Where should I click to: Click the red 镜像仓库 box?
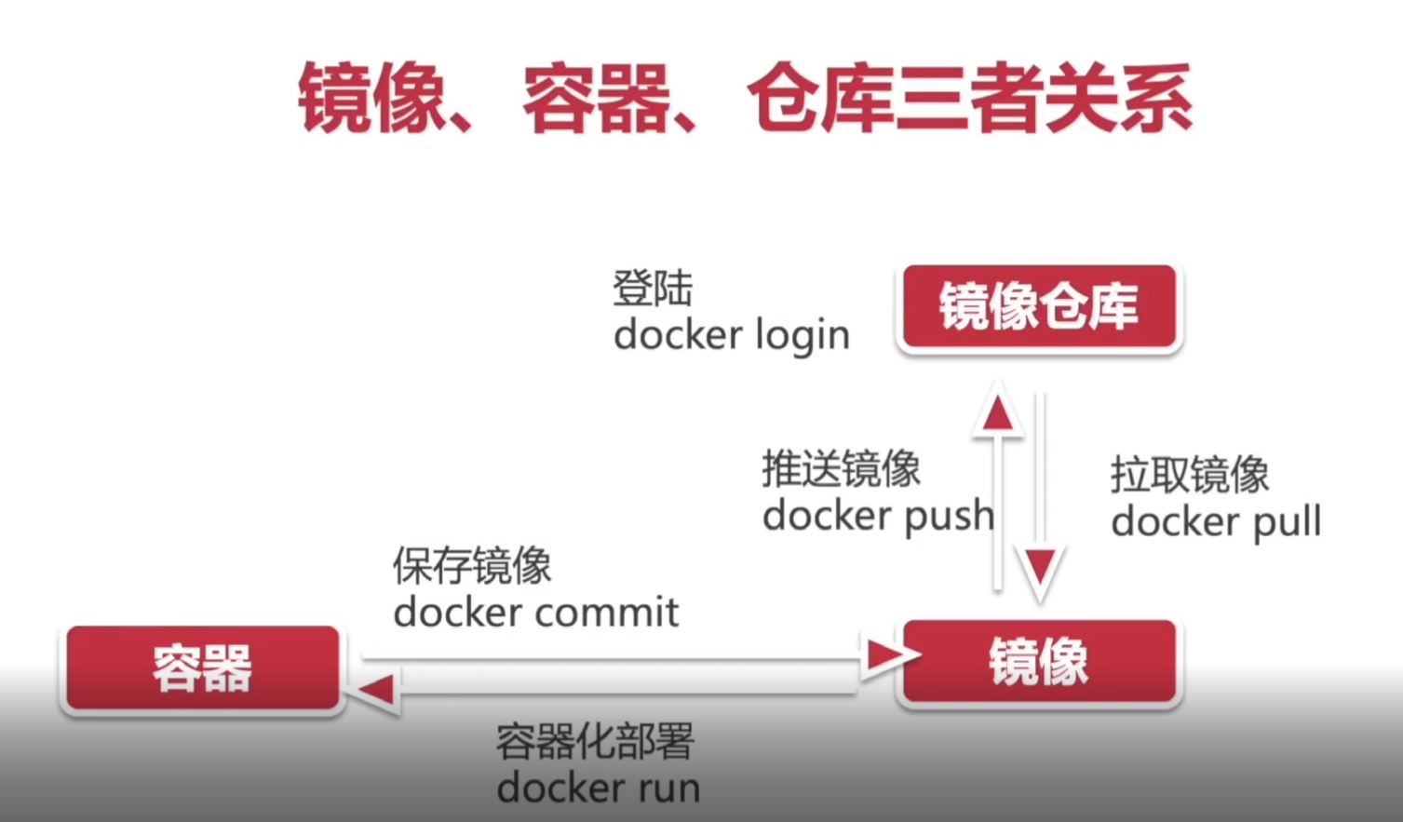pyautogui.click(x=1038, y=307)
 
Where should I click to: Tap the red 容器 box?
pyautogui.click(x=202, y=668)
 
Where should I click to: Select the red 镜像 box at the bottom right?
pyautogui.click(x=1038, y=662)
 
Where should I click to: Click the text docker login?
pyautogui.click(x=732, y=335)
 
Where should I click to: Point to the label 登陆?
pyautogui.click(x=653, y=289)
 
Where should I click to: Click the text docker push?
pyautogui.click(x=877, y=516)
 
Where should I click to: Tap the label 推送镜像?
pyautogui.click(x=842, y=469)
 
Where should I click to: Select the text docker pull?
pyautogui.click(x=1216, y=522)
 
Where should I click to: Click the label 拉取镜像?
pyautogui.click(x=1190, y=475)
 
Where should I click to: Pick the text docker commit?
pyautogui.click(x=536, y=613)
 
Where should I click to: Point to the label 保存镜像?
pyautogui.click(x=473, y=566)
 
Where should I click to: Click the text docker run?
pyautogui.click(x=599, y=788)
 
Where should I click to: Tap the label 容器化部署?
pyautogui.click(x=596, y=742)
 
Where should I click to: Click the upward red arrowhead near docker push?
pyautogui.click(x=998, y=412)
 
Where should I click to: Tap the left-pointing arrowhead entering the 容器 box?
pyautogui.click(x=376, y=690)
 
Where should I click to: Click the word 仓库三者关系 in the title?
pyautogui.click(x=969, y=99)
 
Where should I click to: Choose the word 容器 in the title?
pyautogui.click(x=596, y=99)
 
